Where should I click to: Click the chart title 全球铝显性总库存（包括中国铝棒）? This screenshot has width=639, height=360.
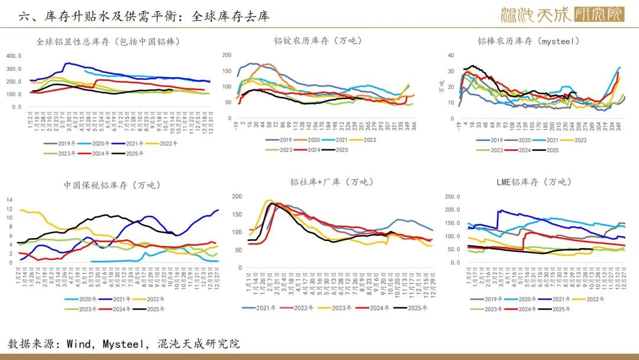click(x=108, y=41)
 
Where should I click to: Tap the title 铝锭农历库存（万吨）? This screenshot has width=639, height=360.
click(x=318, y=41)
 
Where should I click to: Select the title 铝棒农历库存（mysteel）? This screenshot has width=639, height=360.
click(x=528, y=41)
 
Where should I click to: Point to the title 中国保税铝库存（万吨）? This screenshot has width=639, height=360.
click(x=112, y=185)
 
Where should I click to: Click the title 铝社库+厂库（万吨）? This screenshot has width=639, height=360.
click(x=333, y=182)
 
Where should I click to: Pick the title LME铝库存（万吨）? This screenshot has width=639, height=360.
click(x=534, y=182)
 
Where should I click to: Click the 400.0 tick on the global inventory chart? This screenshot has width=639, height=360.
click(x=14, y=56)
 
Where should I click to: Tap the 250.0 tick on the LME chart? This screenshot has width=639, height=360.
click(x=452, y=196)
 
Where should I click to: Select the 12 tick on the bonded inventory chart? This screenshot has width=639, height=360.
click(x=9, y=200)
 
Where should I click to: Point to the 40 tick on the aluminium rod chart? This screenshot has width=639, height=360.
click(x=450, y=55)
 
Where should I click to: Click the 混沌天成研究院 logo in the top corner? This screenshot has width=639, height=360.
click(x=561, y=14)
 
